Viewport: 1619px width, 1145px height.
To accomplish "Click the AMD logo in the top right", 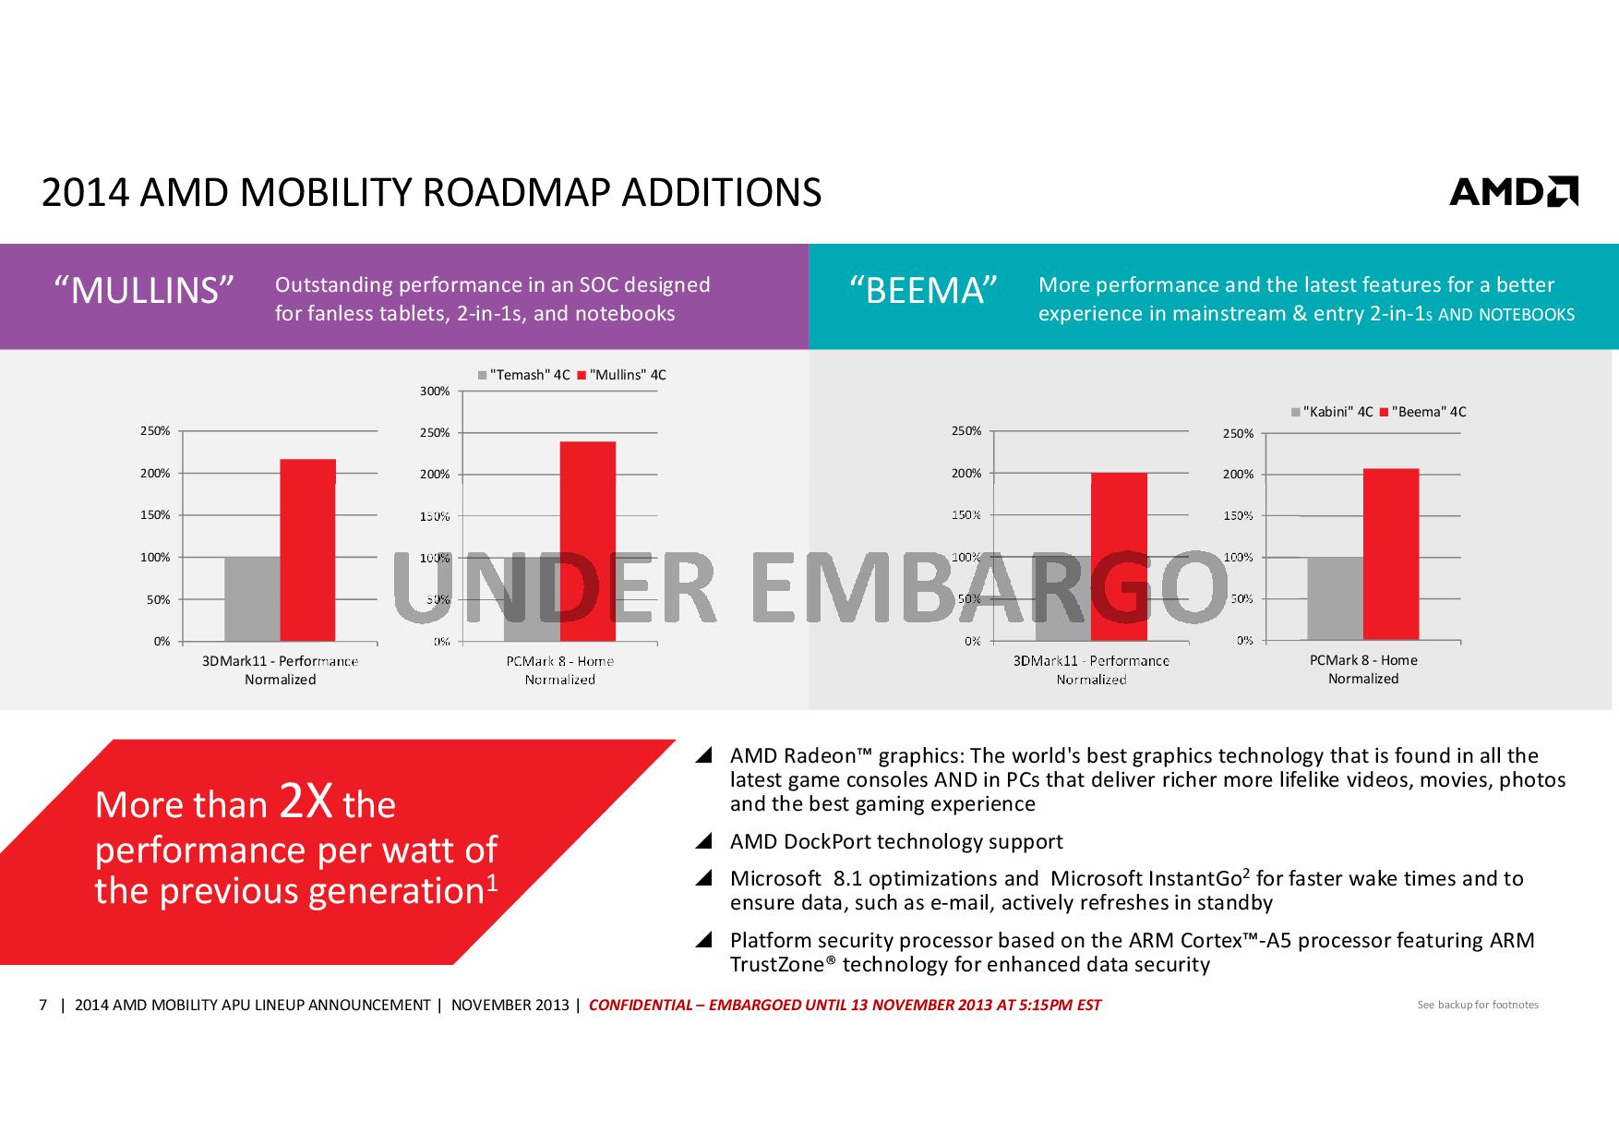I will pos(1513,191).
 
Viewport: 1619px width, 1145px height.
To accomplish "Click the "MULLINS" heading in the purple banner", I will pos(144,291).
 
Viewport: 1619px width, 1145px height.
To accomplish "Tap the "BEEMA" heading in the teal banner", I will pos(924,291).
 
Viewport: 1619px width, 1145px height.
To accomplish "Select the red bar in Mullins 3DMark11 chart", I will pos(307,549).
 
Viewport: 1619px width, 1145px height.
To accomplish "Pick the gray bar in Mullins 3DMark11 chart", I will pos(252,598).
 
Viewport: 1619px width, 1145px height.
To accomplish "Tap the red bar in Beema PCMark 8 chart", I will pos(1390,554).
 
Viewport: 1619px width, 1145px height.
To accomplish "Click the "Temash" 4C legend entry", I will pos(524,375).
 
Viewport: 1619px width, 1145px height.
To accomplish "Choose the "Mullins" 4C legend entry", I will pos(622,375).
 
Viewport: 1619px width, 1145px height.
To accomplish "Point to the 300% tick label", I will pos(435,392).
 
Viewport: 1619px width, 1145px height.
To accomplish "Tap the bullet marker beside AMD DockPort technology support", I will pos(704,841).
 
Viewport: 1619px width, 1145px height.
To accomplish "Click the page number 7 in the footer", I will pos(42,1005).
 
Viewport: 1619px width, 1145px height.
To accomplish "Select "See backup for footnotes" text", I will pos(1477,1005).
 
